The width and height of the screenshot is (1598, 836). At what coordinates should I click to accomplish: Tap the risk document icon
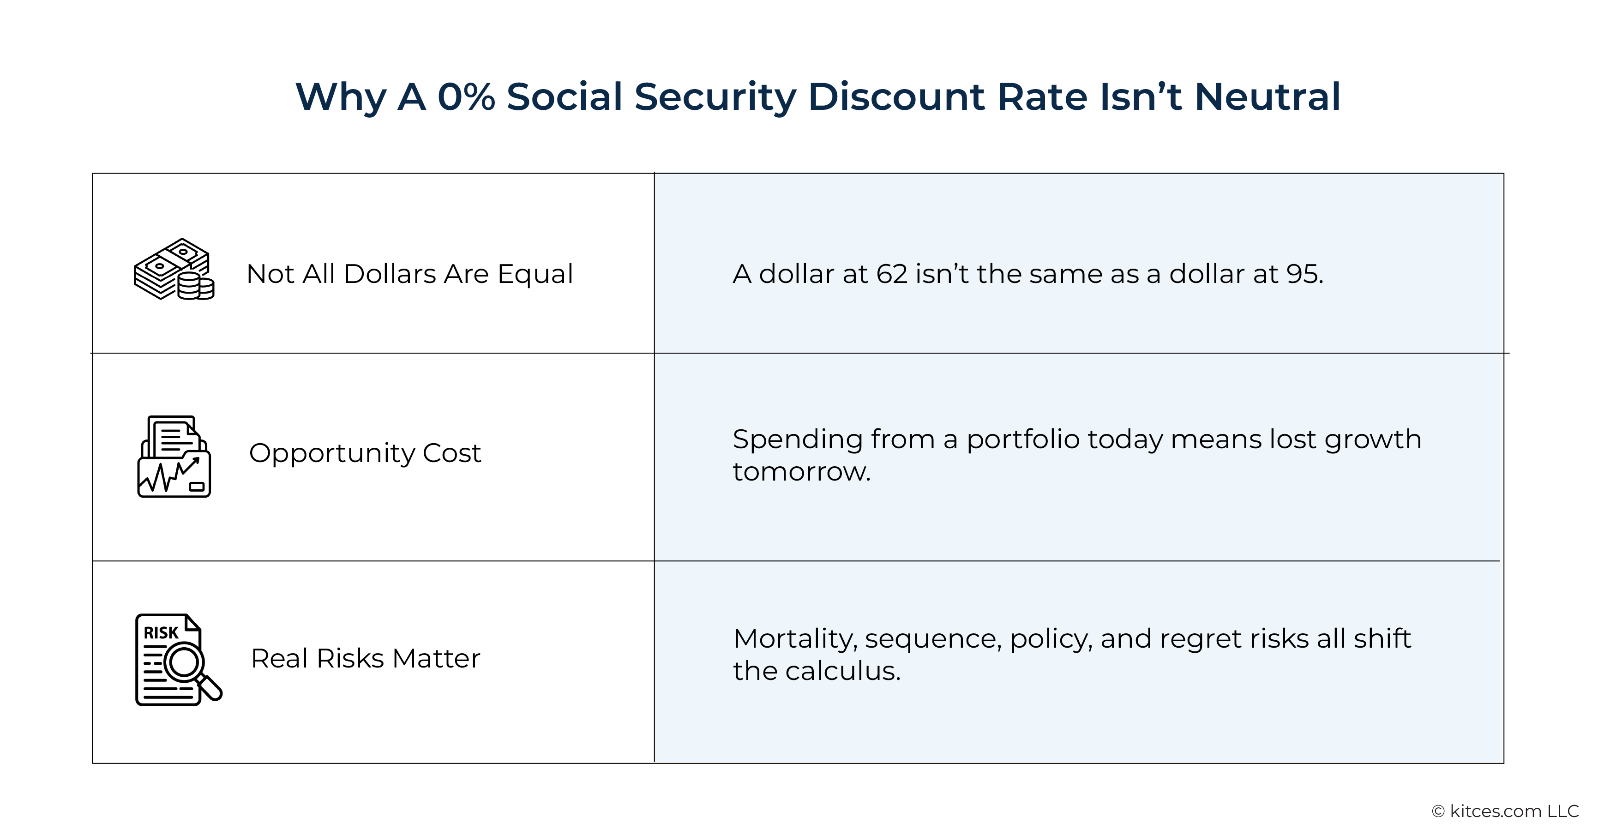tap(177, 659)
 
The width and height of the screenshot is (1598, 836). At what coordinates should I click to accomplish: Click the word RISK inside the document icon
tap(161, 632)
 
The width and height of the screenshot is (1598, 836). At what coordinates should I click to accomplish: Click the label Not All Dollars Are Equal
tap(409, 274)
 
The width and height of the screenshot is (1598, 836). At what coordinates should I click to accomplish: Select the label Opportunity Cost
tap(365, 453)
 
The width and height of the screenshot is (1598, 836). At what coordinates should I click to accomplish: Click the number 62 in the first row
tap(891, 274)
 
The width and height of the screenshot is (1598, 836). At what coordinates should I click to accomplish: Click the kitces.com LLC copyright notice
tap(1505, 811)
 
